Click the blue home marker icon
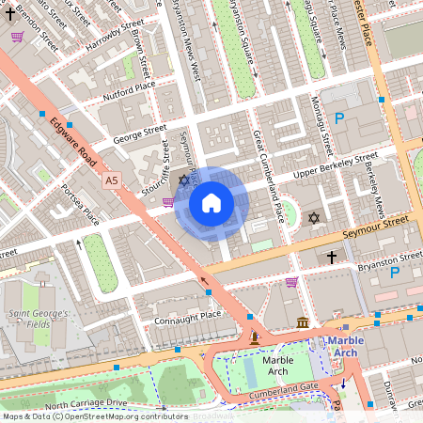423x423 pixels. (211, 203)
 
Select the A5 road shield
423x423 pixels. (113, 179)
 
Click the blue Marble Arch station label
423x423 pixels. (352, 346)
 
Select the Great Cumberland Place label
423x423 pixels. (266, 175)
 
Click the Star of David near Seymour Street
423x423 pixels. (314, 218)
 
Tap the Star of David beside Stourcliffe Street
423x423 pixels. (184, 180)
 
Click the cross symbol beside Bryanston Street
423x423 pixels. (331, 256)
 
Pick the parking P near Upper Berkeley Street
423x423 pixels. (339, 118)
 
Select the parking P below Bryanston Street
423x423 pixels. (395, 273)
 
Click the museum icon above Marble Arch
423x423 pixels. (303, 323)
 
